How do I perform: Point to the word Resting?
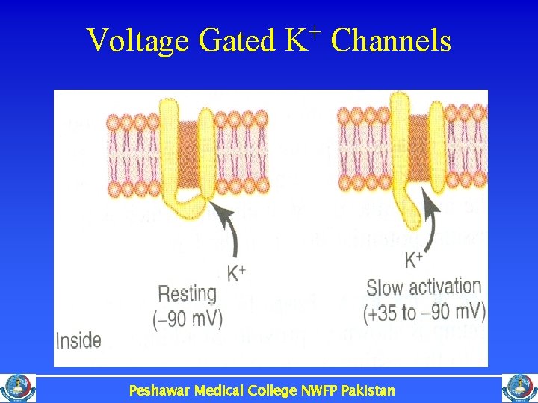(187, 294)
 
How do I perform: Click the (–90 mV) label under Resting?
(188, 319)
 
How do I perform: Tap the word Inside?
(78, 341)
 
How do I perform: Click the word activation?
(445, 287)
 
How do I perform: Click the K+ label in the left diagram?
(236, 273)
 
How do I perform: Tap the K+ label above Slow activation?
(414, 260)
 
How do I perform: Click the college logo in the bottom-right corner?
(519, 388)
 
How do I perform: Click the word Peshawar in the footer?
(159, 390)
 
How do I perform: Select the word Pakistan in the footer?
(368, 390)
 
